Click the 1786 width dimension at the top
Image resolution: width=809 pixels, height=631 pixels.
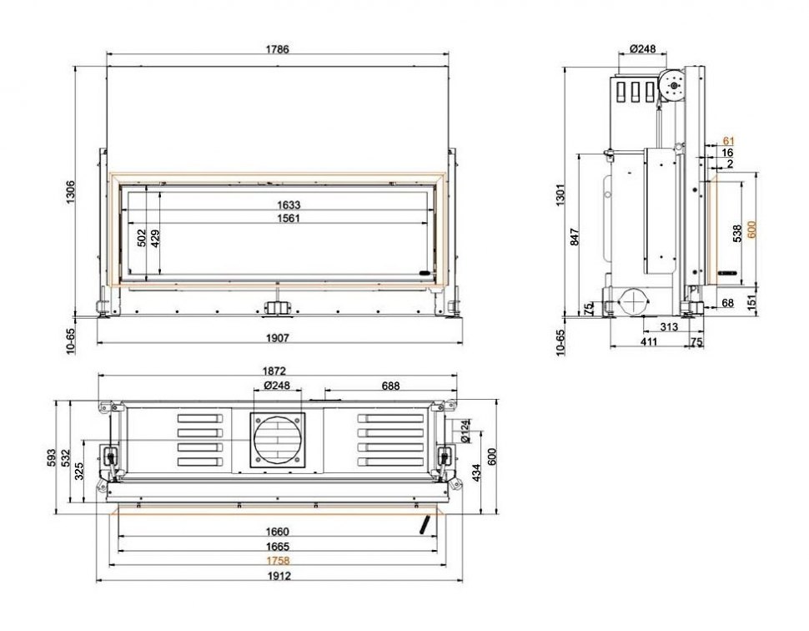point(278,49)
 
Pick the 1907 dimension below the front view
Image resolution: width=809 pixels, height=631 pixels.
point(278,338)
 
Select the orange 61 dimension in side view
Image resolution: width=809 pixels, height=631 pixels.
point(728,140)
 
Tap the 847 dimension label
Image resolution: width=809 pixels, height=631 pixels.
point(575,237)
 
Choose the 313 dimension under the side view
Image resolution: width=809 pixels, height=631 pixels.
point(668,327)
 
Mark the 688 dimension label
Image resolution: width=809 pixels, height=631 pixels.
point(390,386)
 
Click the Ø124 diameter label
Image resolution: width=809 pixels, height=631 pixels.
point(465,431)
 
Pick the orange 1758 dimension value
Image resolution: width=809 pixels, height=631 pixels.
point(278,560)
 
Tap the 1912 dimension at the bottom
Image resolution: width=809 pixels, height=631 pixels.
point(278,576)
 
